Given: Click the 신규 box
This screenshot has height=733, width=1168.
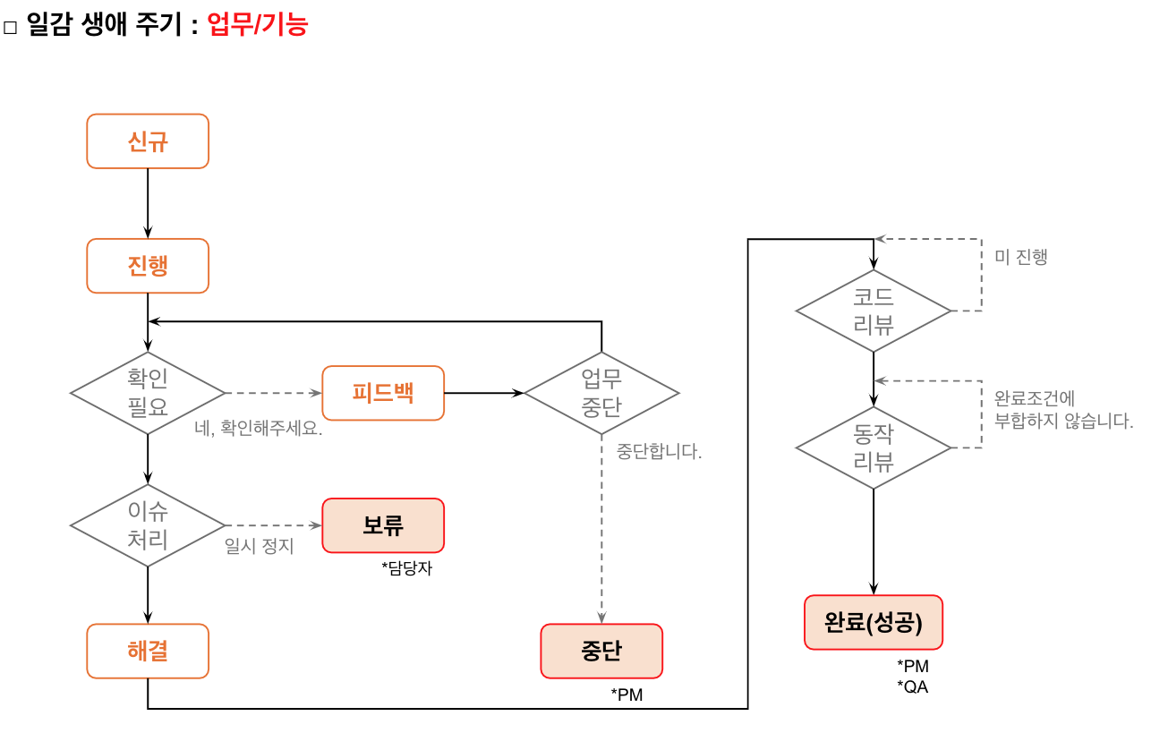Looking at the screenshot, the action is (148, 141).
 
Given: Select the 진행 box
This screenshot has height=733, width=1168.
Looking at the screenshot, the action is (148, 266).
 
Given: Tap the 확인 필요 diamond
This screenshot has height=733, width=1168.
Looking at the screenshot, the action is (148, 393).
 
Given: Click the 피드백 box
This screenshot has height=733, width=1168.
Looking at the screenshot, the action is (383, 393).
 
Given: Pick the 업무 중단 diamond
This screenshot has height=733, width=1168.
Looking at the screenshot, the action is (601, 393).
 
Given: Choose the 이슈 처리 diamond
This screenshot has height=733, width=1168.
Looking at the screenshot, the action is (148, 525).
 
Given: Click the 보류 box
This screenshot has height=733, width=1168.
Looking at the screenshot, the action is (383, 525).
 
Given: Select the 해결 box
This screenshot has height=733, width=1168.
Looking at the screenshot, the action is (148, 652).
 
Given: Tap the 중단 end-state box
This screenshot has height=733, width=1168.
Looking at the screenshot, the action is (601, 652).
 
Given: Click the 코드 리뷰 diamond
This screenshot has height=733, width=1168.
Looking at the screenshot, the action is (874, 311).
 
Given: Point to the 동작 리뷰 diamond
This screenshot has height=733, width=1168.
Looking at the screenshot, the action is (874, 447).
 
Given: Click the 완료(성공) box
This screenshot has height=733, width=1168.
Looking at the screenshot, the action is (874, 623).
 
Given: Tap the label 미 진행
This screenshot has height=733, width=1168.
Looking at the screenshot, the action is (1021, 257).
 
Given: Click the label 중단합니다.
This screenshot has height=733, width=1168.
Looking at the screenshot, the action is (659, 451).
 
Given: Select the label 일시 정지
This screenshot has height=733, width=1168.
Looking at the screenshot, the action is (260, 546).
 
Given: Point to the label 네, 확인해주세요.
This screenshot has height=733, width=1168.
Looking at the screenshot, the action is (258, 428).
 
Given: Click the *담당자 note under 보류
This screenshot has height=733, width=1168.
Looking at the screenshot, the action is (406, 567).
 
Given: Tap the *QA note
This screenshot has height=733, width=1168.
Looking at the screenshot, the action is (913, 686).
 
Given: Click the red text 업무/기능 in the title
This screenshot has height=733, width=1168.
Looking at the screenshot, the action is (258, 24).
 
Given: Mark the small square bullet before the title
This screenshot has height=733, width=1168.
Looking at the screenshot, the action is (10, 27).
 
